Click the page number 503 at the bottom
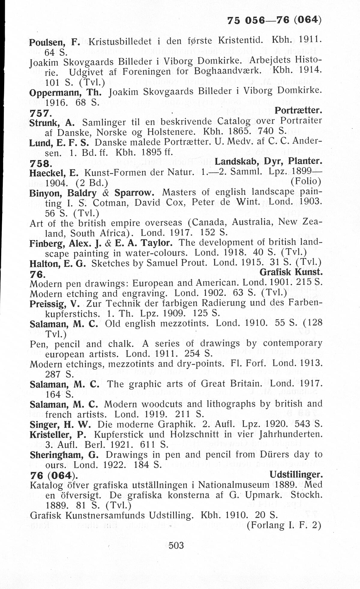point(176,545)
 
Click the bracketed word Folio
point(306,182)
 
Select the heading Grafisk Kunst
point(291,272)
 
